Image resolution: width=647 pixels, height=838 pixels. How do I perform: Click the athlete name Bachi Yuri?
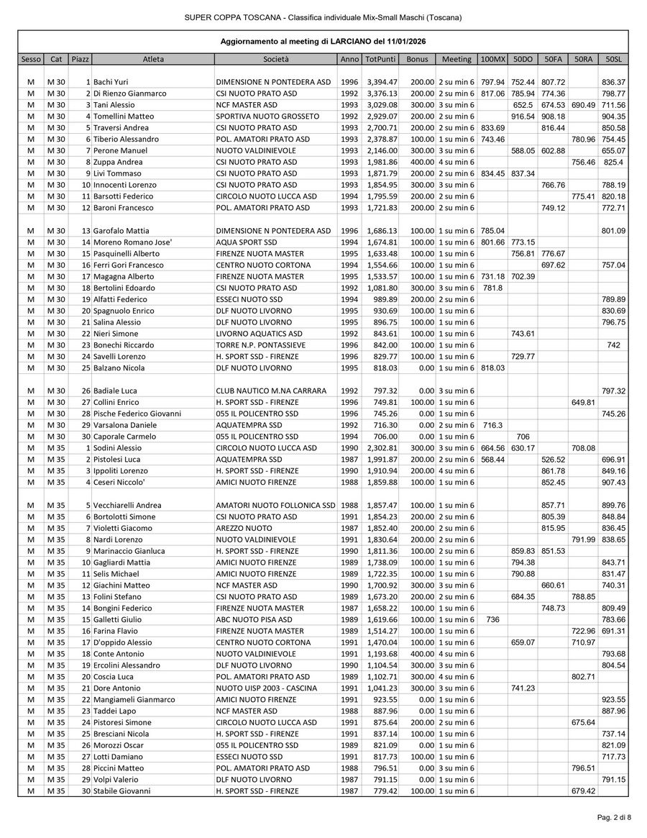click(111, 82)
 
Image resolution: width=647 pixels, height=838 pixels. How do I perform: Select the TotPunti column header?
click(380, 59)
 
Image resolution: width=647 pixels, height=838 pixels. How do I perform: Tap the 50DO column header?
click(523, 59)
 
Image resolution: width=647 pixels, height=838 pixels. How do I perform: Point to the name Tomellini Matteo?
click(124, 117)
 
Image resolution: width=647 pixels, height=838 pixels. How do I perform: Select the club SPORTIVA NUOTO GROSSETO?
click(267, 117)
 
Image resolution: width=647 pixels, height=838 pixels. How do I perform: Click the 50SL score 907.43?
click(613, 482)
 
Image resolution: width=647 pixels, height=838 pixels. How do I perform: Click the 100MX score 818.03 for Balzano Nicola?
click(492, 368)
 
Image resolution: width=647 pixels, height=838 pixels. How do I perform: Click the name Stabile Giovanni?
click(122, 791)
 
